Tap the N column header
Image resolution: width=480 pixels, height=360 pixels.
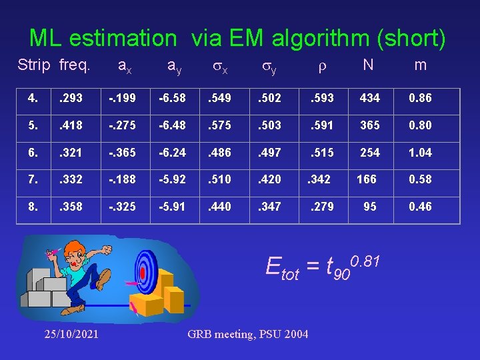pyautogui.click(x=367, y=65)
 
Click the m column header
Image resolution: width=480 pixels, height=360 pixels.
pyautogui.click(x=420, y=65)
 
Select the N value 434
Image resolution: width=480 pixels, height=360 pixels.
pyautogui.click(x=369, y=98)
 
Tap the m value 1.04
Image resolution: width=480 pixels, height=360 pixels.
pyautogui.click(x=421, y=153)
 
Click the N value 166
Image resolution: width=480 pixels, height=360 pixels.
pyautogui.click(x=367, y=179)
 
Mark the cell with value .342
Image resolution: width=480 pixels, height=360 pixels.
pyautogui.click(x=319, y=179)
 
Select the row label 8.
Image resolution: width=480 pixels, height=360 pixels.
pyautogui.click(x=33, y=207)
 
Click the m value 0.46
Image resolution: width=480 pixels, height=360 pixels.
pyautogui.click(x=421, y=207)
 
